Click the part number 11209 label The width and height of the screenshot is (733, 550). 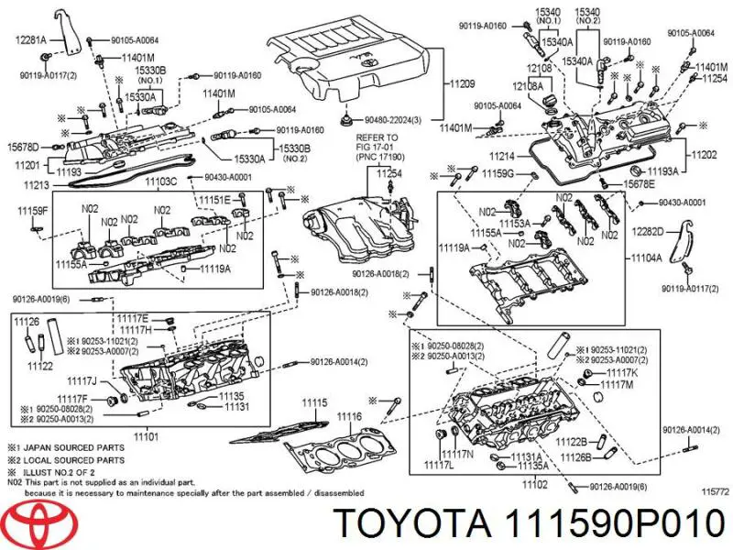pyautogui.click(x=462, y=84)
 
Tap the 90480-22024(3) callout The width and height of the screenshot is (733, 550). pyautogui.click(x=391, y=120)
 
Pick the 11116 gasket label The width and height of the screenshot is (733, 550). pyautogui.click(x=348, y=417)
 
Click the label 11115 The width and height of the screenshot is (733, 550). pyautogui.click(x=314, y=403)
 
